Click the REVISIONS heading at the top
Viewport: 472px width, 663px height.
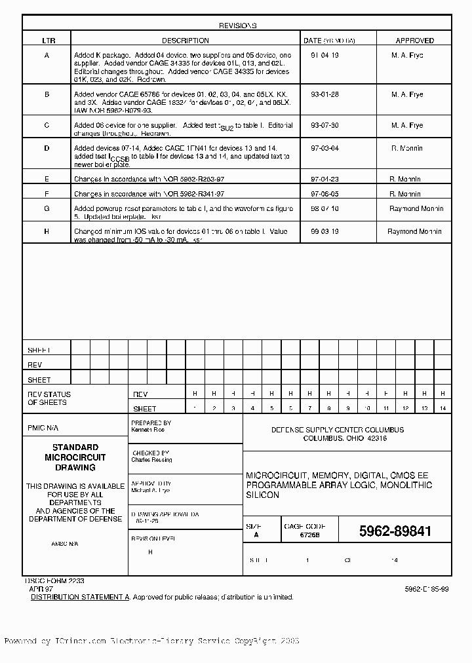237,26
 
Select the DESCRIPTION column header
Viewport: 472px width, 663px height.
186,41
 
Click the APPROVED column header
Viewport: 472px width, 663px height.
414,41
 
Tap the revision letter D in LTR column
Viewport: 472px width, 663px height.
47,149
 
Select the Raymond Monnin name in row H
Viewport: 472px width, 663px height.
414,232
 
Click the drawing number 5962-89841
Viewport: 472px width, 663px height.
395,532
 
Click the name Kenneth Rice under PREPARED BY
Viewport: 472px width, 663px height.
149,430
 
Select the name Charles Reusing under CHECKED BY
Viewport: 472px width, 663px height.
152,460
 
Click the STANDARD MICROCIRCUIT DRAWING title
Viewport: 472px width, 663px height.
75,457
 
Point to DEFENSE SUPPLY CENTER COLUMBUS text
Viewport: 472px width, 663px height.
338,430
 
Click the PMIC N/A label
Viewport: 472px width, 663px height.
43,428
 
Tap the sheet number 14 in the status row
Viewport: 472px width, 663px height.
442,408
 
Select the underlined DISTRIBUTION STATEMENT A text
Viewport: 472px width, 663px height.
81,597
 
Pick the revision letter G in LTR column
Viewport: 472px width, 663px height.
47,208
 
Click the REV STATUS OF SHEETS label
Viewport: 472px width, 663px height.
49,398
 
